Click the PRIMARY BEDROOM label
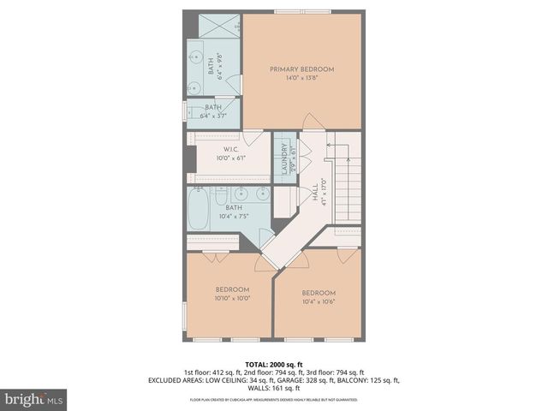click(x=301, y=69)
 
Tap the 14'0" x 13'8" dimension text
click(x=301, y=78)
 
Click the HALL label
click(x=315, y=189)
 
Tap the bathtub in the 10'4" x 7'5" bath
click(x=199, y=211)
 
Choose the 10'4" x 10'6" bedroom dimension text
click(x=319, y=301)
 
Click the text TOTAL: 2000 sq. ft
click(x=273, y=364)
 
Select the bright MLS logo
click(x=33, y=399)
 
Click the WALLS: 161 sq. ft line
click(x=274, y=388)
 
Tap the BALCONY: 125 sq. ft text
click(x=369, y=380)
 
